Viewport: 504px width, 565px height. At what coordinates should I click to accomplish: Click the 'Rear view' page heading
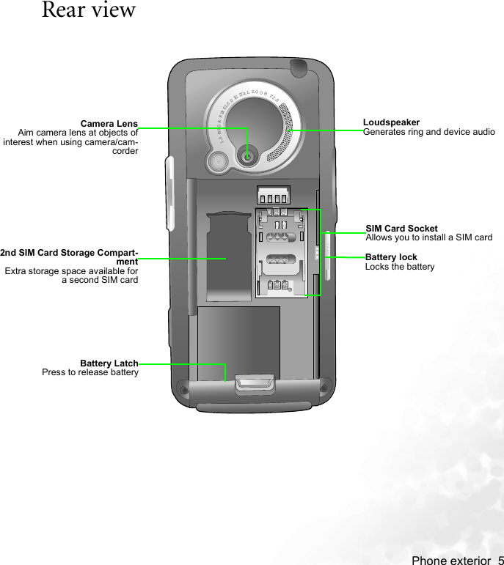coord(89,11)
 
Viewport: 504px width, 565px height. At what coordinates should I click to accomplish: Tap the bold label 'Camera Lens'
coord(109,123)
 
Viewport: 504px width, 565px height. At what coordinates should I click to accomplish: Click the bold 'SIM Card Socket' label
coord(401,229)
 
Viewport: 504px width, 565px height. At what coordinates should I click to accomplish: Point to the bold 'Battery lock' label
coord(391,257)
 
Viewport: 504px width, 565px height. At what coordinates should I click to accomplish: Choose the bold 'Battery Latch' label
coord(109,363)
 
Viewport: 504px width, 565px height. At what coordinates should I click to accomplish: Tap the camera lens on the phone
coord(249,156)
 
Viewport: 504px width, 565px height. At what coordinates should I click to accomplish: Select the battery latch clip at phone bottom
coord(254,384)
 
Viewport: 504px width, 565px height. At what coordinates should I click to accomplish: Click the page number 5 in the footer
coord(499,561)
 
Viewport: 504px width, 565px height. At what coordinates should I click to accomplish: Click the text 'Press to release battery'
coord(90,373)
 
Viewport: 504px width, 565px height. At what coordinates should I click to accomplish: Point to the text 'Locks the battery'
coord(400,267)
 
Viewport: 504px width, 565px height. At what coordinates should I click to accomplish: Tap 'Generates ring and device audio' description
coord(429,132)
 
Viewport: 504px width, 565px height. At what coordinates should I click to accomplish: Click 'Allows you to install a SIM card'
coord(429,238)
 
